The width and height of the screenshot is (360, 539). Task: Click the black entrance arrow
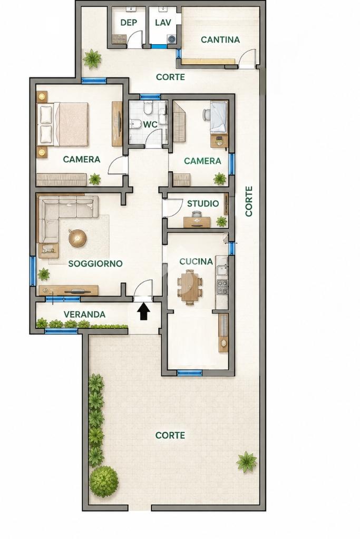click(x=144, y=312)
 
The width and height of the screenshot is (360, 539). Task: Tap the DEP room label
click(x=129, y=23)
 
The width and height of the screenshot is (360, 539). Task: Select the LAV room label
click(x=163, y=23)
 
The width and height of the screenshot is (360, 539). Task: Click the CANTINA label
click(x=220, y=40)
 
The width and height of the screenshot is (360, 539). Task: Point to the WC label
click(x=150, y=124)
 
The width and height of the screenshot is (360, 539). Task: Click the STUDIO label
click(x=203, y=203)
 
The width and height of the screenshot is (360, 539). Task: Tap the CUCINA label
click(x=196, y=261)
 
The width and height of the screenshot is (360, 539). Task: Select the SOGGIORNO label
click(x=95, y=263)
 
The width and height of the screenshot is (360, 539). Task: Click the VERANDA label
click(x=84, y=314)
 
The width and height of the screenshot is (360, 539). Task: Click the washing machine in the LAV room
click(x=172, y=39)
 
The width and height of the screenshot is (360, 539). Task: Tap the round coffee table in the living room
click(x=77, y=238)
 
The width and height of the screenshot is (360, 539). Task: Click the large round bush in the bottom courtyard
click(x=104, y=481)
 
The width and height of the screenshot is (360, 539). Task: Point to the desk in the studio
click(x=197, y=222)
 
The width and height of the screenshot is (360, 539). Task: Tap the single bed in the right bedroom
click(x=219, y=117)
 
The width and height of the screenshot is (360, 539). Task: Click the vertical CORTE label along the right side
click(x=249, y=201)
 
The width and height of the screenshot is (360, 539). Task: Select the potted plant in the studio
click(x=222, y=221)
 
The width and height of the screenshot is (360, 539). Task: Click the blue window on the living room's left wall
click(x=33, y=271)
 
